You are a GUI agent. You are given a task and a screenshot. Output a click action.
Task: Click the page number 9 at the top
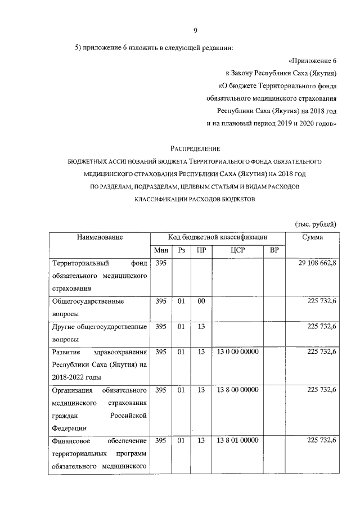195,31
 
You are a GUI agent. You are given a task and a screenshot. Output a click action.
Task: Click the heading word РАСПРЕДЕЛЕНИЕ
195,149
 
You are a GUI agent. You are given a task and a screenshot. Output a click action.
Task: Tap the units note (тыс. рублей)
316,224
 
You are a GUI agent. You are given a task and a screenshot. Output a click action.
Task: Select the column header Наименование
100,238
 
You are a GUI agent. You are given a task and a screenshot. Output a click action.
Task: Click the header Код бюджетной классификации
217,238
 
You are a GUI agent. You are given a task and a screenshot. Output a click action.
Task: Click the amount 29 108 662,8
313,263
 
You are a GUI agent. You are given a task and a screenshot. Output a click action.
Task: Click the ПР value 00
201,301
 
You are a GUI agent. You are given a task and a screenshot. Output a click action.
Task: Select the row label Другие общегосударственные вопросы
100,332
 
